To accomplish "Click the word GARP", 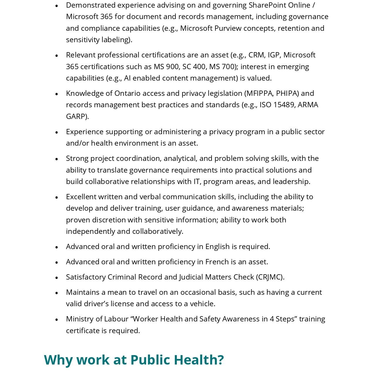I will [x=76, y=117].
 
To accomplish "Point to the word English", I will [x=217, y=247].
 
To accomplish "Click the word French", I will [x=217, y=262].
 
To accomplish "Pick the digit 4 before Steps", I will [x=272, y=319].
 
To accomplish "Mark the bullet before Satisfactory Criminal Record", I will [x=57, y=277].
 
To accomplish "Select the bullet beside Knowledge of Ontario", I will [x=57, y=94].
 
